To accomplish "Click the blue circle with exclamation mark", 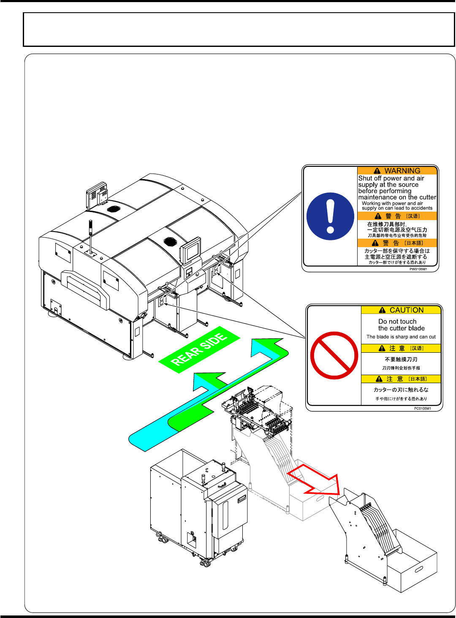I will click(x=330, y=216).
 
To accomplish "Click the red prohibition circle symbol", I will click(x=334, y=355).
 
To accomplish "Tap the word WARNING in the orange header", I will click(x=402, y=171).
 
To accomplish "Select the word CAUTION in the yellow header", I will click(x=406, y=310).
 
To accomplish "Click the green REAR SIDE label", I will click(x=199, y=350).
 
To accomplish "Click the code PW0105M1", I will click(x=418, y=269).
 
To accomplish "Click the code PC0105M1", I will click(x=422, y=408).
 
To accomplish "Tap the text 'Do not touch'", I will click(x=397, y=321).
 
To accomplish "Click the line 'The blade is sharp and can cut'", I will click(x=401, y=337).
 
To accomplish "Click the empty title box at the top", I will click(x=239, y=29).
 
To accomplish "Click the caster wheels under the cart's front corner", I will click(x=206, y=562).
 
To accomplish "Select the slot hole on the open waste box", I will click(x=419, y=569).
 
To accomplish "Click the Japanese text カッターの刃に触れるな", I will click(x=401, y=389).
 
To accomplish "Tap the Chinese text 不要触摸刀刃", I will click(x=401, y=359).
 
